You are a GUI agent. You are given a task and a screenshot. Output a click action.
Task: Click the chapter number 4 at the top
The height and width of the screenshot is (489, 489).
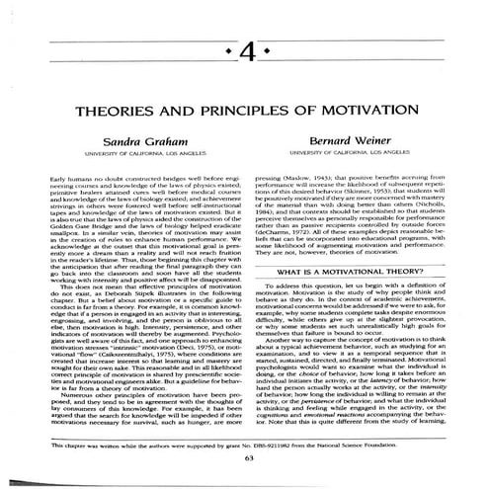(x=244, y=48)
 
